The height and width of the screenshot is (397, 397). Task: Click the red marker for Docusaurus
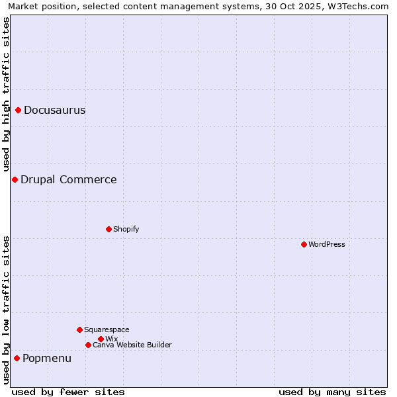click(19, 110)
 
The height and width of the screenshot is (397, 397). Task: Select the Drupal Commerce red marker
click(15, 179)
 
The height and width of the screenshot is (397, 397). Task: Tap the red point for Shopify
click(109, 229)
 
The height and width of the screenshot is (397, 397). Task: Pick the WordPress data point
click(304, 244)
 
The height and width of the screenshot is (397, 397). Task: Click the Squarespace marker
click(79, 330)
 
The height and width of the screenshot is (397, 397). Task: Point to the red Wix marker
click(101, 339)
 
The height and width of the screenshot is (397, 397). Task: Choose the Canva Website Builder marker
click(88, 345)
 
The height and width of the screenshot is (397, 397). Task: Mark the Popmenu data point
click(17, 358)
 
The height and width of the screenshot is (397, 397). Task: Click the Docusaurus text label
click(54, 110)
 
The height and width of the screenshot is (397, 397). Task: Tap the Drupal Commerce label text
click(68, 179)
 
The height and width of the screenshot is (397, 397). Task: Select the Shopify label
click(126, 229)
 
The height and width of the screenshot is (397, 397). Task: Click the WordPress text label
click(327, 244)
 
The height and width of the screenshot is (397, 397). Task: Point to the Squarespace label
click(107, 330)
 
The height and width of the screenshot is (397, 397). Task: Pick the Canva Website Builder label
click(132, 345)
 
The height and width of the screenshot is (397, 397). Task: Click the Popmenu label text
click(47, 358)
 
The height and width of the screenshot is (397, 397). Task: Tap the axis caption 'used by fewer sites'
click(68, 392)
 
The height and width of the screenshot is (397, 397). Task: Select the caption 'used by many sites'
click(332, 392)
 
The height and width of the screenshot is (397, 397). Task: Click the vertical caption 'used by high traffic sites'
click(6, 94)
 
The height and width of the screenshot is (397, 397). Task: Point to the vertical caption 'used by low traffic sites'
click(6, 310)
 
